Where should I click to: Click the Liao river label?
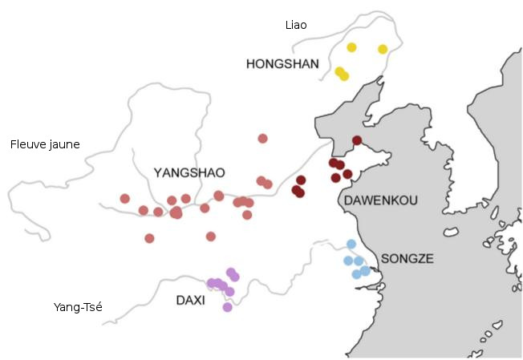click(x=296, y=25)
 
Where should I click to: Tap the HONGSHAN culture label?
click(x=282, y=63)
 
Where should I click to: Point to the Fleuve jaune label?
click(x=45, y=144)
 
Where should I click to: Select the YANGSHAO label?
click(x=189, y=172)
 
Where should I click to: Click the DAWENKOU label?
click(x=379, y=200)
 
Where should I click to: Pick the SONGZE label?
click(x=407, y=258)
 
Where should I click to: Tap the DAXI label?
click(x=190, y=300)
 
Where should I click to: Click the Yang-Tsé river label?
click(x=78, y=306)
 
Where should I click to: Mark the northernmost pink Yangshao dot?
click(x=262, y=138)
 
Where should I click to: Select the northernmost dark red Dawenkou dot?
click(x=357, y=140)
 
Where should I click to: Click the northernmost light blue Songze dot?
click(x=351, y=244)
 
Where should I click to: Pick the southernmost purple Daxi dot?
click(x=227, y=307)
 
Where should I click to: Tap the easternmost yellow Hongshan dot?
click(x=383, y=49)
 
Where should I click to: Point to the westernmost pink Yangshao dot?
click(x=124, y=198)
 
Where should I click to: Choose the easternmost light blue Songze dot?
click(x=366, y=271)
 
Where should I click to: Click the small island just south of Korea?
click(x=451, y=233)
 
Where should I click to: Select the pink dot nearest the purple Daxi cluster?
click(x=211, y=237)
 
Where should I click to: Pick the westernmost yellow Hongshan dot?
click(x=339, y=71)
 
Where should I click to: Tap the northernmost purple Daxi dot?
click(x=230, y=272)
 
